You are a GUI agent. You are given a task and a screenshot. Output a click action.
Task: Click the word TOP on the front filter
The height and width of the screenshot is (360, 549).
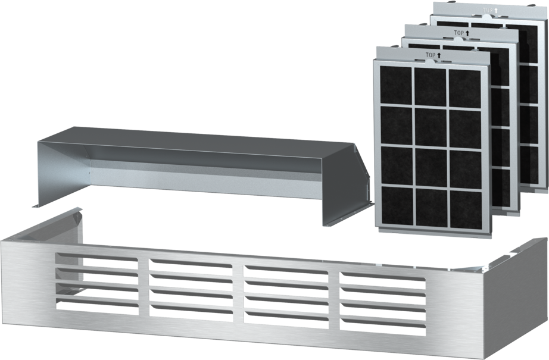click(431, 55)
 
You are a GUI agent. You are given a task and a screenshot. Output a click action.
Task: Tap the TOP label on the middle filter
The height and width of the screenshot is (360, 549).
click(459, 33)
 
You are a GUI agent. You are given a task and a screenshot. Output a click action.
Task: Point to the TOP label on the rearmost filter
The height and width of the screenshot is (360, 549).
click(488, 11)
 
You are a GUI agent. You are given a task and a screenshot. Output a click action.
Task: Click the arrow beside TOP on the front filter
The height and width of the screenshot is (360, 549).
click(439, 55)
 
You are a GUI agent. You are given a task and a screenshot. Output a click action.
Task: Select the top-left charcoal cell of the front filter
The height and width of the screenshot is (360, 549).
click(395, 85)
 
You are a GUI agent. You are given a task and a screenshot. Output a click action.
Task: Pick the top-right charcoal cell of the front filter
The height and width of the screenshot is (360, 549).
click(465, 89)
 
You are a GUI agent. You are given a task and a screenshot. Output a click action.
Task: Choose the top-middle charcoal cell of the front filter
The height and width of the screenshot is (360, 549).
click(431, 87)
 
